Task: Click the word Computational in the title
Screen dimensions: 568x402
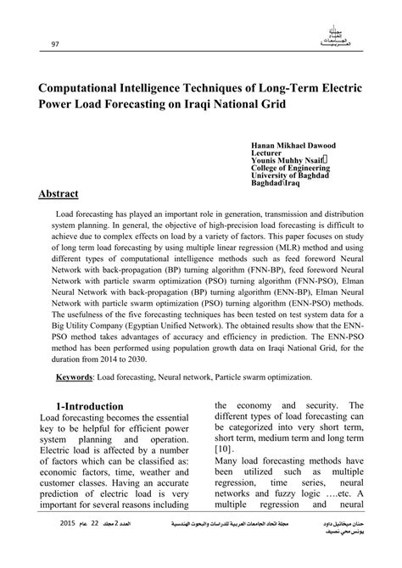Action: click(x=83, y=87)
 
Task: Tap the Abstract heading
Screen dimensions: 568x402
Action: click(x=64, y=194)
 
